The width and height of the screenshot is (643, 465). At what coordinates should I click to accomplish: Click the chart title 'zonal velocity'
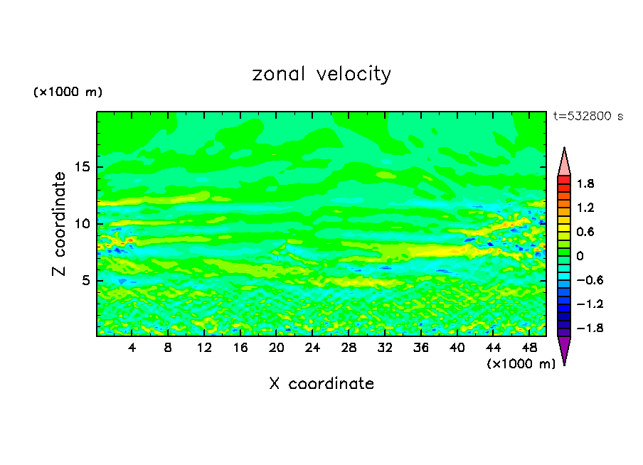click(321, 74)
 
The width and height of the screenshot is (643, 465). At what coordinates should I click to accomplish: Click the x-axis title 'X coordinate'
click(321, 383)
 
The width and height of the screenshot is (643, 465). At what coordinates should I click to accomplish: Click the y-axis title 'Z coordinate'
click(59, 223)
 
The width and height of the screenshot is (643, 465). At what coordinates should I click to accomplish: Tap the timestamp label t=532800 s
click(588, 117)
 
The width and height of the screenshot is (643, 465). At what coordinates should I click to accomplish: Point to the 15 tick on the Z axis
click(83, 168)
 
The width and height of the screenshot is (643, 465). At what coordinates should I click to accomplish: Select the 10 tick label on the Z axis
click(83, 224)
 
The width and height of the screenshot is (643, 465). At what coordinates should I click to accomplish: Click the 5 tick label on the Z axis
click(87, 280)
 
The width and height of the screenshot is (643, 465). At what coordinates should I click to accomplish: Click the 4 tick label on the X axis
click(132, 348)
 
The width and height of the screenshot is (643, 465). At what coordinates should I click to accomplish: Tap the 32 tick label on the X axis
click(385, 348)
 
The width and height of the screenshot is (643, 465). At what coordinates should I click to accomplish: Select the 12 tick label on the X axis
click(204, 348)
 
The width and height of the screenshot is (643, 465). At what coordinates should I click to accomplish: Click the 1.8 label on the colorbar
click(586, 183)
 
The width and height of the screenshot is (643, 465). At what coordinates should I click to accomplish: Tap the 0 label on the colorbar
click(580, 256)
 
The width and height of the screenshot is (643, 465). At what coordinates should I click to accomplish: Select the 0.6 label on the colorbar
click(586, 232)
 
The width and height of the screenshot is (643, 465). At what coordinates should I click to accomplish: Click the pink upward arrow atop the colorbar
click(564, 161)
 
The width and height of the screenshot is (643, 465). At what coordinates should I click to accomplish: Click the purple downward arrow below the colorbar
click(564, 350)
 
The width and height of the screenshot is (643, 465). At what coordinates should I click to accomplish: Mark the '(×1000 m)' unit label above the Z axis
click(68, 92)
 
